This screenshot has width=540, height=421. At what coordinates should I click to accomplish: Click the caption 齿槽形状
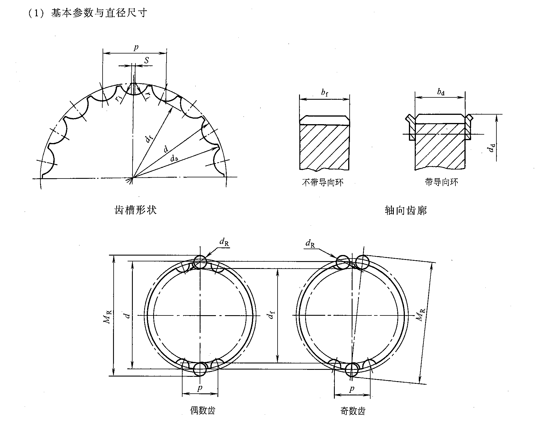(136, 210)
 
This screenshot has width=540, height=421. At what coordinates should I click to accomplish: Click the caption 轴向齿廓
(406, 211)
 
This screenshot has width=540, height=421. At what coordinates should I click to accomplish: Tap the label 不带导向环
(323, 182)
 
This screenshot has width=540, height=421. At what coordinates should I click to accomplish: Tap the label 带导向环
(441, 182)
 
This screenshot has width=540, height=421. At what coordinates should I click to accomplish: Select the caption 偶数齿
(203, 411)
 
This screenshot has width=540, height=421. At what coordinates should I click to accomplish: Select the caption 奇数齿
(353, 411)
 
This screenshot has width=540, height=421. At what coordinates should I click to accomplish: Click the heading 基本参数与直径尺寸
(99, 13)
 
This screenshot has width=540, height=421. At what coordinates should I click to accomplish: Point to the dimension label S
(147, 60)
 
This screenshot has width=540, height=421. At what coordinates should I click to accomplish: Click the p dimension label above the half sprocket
(136, 47)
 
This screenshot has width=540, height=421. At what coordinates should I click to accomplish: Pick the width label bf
(325, 93)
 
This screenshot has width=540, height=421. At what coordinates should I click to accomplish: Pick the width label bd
(441, 92)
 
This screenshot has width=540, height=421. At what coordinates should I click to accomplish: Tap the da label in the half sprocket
(174, 158)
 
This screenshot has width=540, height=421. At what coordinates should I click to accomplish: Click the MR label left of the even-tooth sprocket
(107, 317)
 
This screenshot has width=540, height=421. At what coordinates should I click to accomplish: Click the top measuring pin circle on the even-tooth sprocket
(200, 262)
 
